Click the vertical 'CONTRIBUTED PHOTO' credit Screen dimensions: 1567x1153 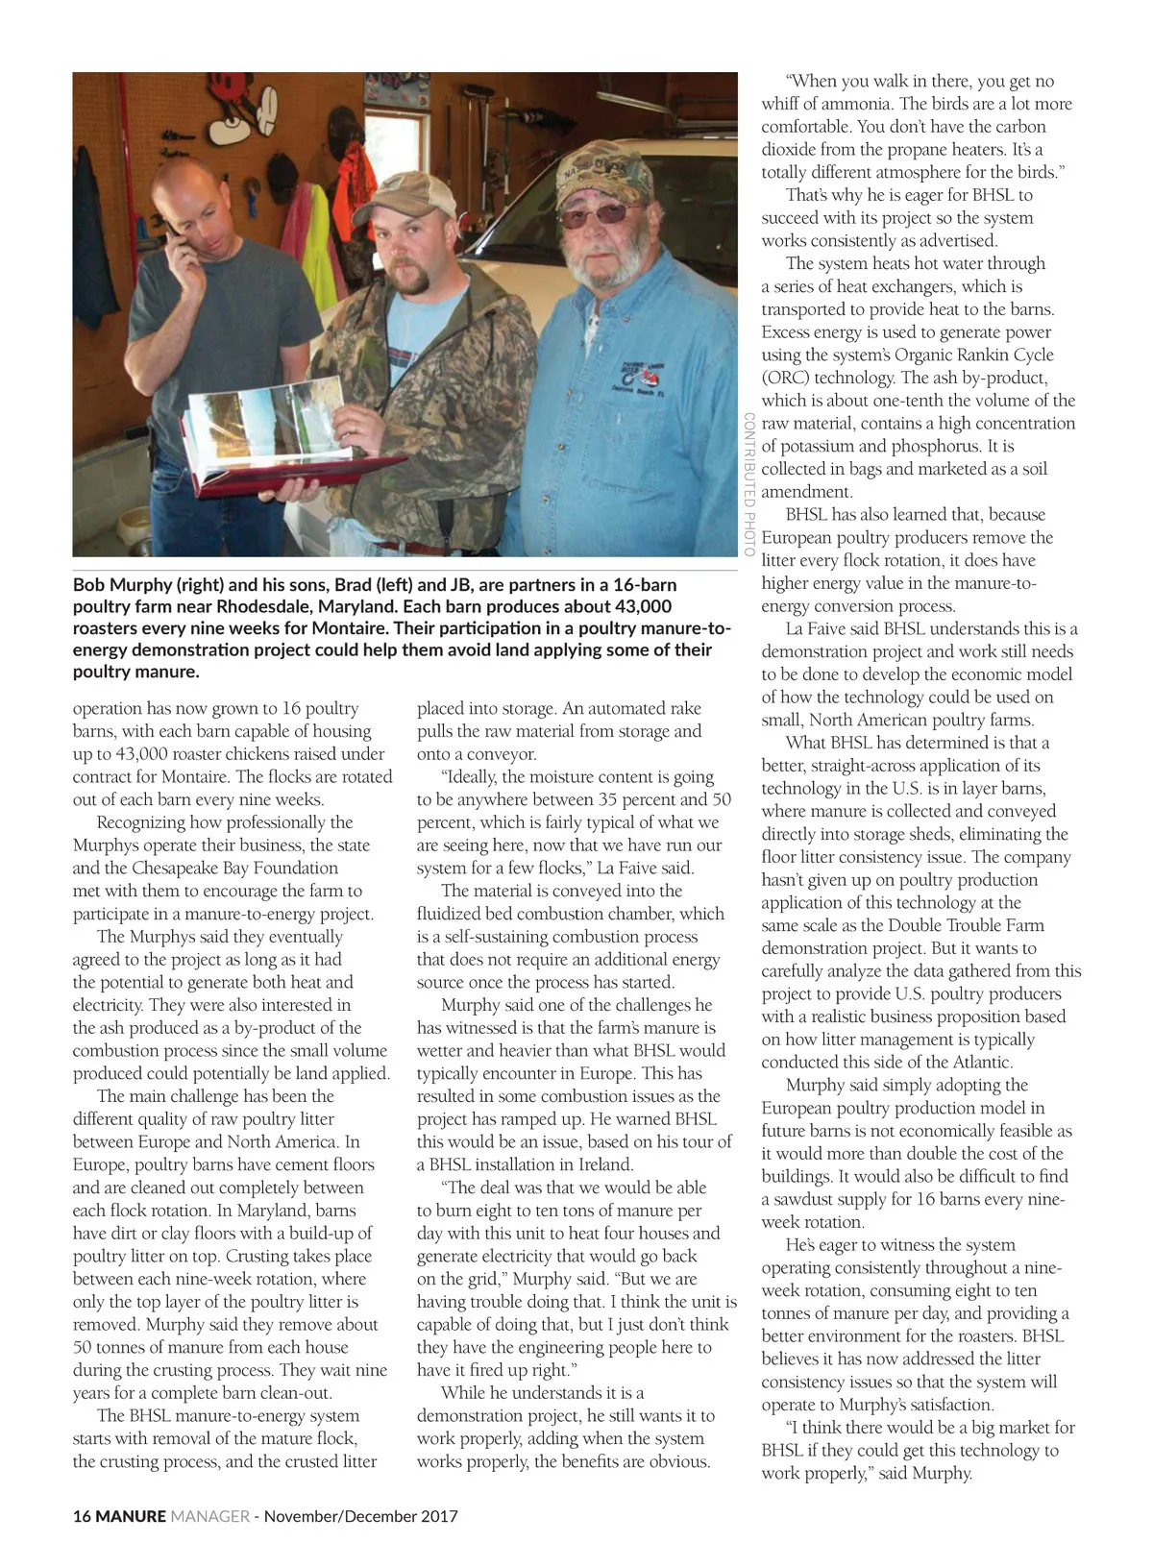coord(748,484)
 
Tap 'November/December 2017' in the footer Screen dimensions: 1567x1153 coord(361,1516)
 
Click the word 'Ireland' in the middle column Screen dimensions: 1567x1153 coord(603,1164)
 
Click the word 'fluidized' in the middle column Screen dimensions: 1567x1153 coord(452,914)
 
